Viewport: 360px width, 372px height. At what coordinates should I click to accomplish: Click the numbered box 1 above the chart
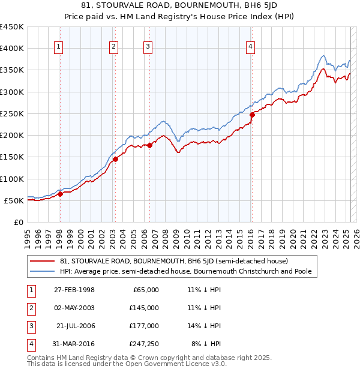[x=59, y=48]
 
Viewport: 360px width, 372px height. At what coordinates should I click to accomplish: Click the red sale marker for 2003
[x=115, y=159]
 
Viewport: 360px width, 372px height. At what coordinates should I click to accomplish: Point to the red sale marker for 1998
[x=60, y=194]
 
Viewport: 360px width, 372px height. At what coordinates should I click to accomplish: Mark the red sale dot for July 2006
[x=149, y=145]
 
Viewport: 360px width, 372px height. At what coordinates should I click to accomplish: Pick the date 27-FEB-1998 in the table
[x=74, y=290]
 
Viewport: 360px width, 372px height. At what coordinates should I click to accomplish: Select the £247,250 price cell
[x=144, y=344]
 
